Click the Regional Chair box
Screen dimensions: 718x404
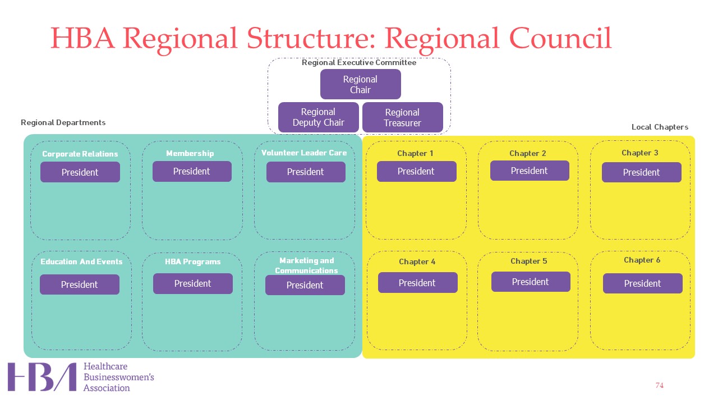pos(360,84)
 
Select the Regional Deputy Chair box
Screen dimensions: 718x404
pos(318,117)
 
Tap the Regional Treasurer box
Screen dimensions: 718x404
pos(403,117)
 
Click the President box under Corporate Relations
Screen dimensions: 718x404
pos(80,172)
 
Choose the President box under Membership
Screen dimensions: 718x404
pos(192,171)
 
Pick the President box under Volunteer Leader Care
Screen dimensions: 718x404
pos(306,172)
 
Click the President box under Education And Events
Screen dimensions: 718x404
pos(80,284)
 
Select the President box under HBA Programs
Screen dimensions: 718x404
pos(193,283)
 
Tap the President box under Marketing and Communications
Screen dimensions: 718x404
pos(305,285)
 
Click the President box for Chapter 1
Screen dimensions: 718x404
pos(417,171)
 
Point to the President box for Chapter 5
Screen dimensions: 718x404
pos(531,282)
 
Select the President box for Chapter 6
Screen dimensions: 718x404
pos(643,283)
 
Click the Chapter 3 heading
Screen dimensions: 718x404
pos(640,153)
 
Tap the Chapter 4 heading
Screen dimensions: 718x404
pos(417,261)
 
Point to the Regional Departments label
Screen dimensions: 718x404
pos(63,122)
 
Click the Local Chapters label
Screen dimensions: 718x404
pos(660,127)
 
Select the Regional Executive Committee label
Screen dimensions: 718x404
pos(359,62)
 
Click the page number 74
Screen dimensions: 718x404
pos(659,385)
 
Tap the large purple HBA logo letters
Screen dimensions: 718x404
pos(42,377)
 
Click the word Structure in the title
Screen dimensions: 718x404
pos(311,38)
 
